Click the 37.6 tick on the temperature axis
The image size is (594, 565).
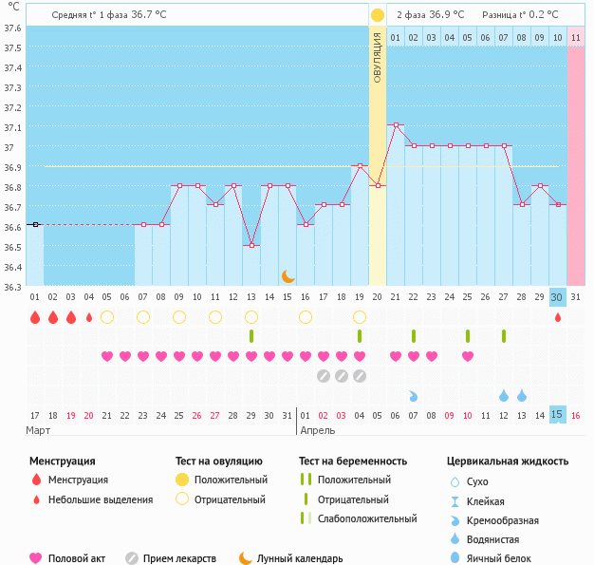12,28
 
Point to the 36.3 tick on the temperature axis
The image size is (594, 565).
12,287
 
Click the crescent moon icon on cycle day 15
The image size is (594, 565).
288,276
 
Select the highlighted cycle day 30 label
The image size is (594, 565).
558,297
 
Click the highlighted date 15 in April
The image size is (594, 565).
558,415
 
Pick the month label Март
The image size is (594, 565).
39,430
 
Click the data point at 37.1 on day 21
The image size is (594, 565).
396,124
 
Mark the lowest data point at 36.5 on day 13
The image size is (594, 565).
251,246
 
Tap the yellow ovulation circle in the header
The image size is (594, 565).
378,15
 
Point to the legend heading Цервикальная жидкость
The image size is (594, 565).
508,461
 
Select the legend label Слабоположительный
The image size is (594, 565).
367,518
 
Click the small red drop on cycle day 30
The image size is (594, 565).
558,317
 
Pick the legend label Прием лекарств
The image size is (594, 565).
179,558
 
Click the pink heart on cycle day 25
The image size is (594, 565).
468,356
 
